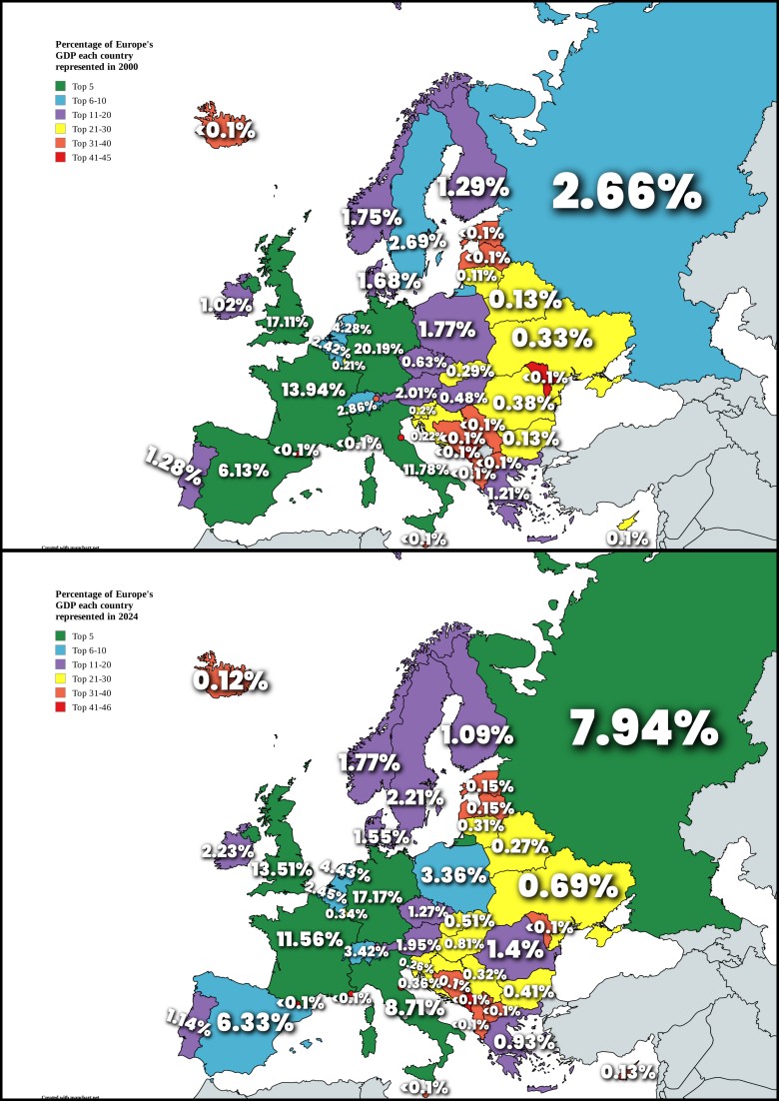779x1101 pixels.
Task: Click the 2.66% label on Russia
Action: click(627, 193)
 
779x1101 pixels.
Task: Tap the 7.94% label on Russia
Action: click(643, 729)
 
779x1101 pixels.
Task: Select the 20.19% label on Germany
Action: click(379, 349)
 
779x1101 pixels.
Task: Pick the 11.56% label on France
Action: click(310, 940)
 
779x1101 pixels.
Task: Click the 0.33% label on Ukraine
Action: click(553, 338)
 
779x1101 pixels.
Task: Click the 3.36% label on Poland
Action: click(454, 876)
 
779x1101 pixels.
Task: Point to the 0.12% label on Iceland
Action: click(231, 680)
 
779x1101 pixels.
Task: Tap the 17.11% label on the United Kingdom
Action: click(287, 322)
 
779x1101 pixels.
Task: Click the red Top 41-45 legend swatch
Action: click(60, 158)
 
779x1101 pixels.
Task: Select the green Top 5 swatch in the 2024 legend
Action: click(60, 635)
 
